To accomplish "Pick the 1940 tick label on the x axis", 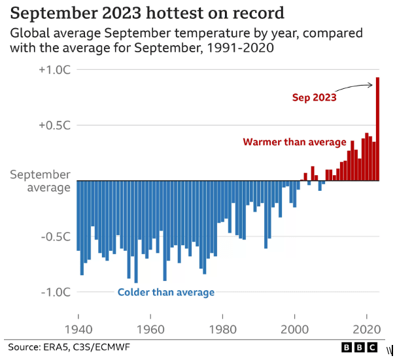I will point(78,330).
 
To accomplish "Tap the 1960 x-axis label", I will point(151,330).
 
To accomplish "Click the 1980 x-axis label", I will point(224,330).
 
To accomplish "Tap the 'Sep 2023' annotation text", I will point(314,98).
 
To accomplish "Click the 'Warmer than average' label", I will point(294,142).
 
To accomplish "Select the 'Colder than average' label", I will point(166,292).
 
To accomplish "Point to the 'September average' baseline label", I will point(39,181).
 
